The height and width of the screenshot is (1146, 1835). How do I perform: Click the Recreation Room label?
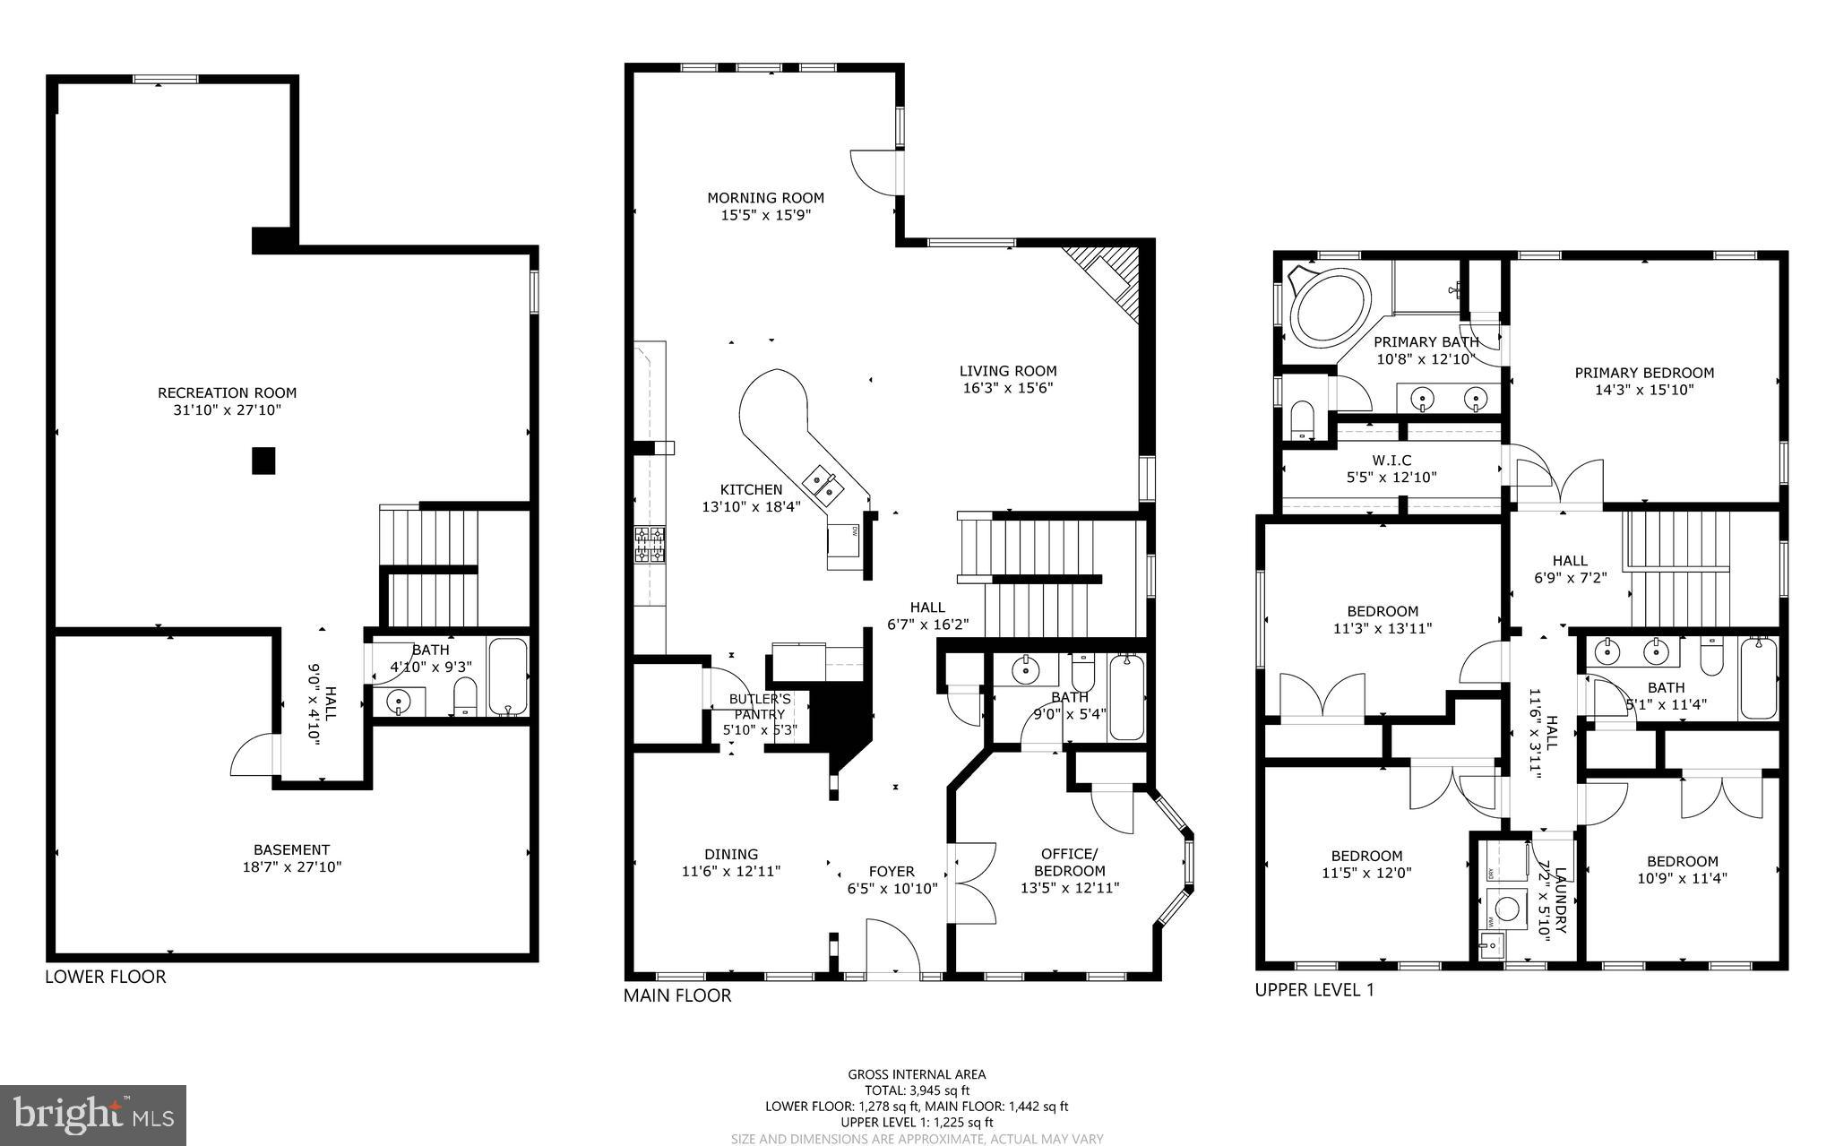click(x=227, y=392)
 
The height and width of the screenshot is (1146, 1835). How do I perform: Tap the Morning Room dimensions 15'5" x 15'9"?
click(x=765, y=215)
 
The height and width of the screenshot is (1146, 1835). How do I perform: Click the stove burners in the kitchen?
click(x=650, y=544)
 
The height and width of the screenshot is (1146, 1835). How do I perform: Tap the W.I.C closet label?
click(x=1391, y=461)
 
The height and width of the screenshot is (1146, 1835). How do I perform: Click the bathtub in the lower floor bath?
click(x=508, y=676)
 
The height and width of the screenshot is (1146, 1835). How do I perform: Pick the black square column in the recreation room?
click(x=263, y=461)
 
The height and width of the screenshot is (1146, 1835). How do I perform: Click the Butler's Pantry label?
click(x=759, y=699)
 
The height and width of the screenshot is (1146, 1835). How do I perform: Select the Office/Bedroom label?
click(x=1069, y=862)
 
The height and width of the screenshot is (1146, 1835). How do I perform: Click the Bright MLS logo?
click(x=93, y=1115)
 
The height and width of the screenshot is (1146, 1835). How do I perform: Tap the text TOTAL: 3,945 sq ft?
click(x=916, y=1090)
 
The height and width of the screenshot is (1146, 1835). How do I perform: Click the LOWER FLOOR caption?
click(x=106, y=977)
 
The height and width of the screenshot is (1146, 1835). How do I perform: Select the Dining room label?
click(x=731, y=854)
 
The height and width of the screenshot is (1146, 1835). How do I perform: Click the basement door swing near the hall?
click(x=254, y=757)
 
